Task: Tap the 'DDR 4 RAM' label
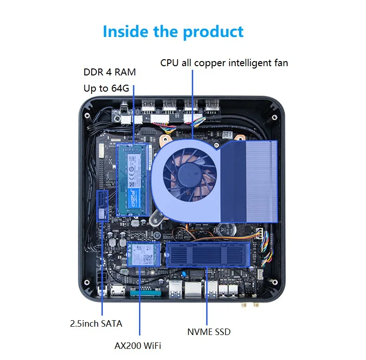pyautogui.click(x=109, y=73)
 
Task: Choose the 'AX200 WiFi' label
pyautogui.click(x=138, y=345)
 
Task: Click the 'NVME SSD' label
pyautogui.click(x=208, y=331)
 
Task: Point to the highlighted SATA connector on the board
pyautogui.click(x=102, y=205)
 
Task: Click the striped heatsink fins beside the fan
pyautogui.click(x=261, y=180)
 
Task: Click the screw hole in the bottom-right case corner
pyautogui.click(x=273, y=281)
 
